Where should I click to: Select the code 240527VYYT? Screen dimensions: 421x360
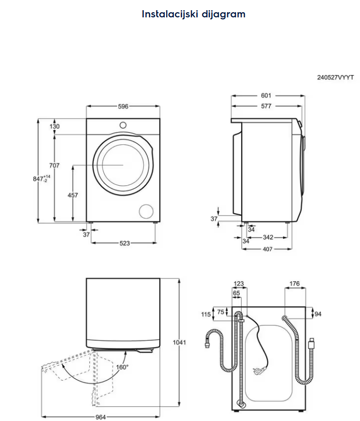coord(335,78)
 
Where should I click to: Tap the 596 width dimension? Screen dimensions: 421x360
coord(123,107)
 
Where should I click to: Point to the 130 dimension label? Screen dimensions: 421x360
coord(55,127)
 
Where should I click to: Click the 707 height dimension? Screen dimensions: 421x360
coord(55,165)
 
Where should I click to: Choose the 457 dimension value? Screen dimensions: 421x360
coord(73,195)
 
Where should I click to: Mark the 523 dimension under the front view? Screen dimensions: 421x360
coord(124,243)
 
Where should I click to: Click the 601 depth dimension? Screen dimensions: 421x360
coord(266,95)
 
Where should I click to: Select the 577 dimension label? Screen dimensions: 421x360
coord(266,106)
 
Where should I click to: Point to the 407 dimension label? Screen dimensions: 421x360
coord(267,249)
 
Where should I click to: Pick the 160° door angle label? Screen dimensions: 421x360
coord(121,366)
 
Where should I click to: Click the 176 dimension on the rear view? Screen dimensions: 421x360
coord(294,284)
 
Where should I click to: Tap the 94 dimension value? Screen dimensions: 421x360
coord(318,314)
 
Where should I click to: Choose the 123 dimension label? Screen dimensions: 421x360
coord(239,284)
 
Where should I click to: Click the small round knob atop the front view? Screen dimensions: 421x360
coord(123,125)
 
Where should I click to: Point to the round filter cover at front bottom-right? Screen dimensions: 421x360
coord(147,211)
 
